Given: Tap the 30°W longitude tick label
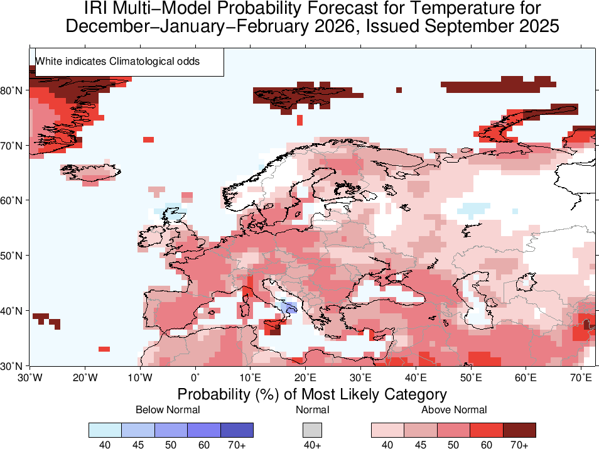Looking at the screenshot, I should tap(30, 377).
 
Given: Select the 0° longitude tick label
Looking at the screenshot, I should tap(195, 377).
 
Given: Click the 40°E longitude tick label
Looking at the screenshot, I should tap(416, 377).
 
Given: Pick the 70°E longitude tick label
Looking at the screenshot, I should tap(581, 377).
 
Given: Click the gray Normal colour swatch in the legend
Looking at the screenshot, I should tap(312, 430).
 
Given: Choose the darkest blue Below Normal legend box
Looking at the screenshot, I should tap(237, 430).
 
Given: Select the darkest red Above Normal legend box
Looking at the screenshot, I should tap(519, 430).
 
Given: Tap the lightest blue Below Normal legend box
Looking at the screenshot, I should tap(105, 430).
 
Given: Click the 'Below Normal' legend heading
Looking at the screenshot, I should tap(168, 410).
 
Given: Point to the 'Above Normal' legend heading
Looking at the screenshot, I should tap(453, 410).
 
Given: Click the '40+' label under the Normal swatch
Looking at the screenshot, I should tap(312, 445).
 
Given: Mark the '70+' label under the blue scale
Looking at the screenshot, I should tap(237, 445).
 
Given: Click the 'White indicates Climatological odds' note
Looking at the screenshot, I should tap(117, 62).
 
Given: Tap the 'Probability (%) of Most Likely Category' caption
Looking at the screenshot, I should tap(312, 394).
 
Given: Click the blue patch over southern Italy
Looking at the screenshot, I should tap(289, 308).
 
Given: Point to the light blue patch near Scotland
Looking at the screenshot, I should tap(168, 214).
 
